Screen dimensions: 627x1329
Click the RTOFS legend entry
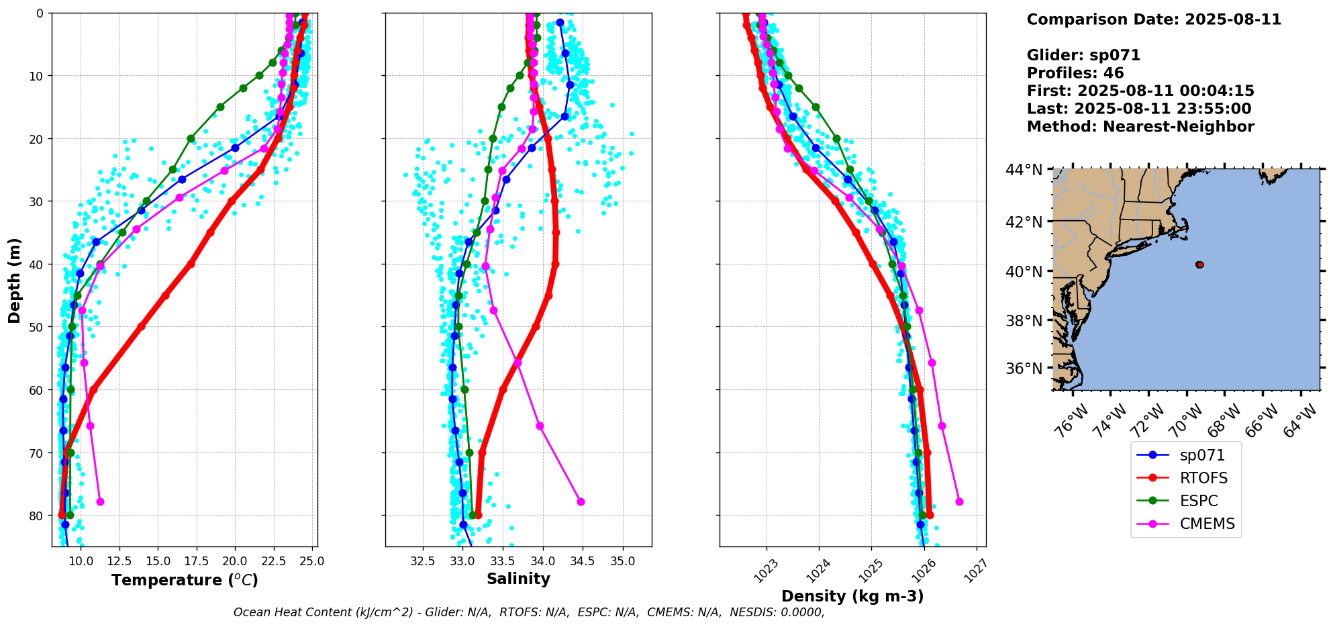[x=1203, y=478]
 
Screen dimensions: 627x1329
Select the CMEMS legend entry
[x=1207, y=524]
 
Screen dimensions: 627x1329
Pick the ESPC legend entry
[x=1199, y=501]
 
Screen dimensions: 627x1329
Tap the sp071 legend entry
[x=1202, y=455]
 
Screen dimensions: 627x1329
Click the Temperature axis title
[x=185, y=580]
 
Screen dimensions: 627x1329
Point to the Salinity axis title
[x=518, y=579]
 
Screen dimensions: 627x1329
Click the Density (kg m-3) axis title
[x=852, y=596]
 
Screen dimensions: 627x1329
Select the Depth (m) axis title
[x=15, y=280]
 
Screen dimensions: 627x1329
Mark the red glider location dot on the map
[x=1199, y=264]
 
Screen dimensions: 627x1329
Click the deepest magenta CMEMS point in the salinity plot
[x=581, y=501]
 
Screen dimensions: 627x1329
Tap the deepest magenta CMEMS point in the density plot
[x=959, y=501]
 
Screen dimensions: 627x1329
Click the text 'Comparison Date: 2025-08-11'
[x=1154, y=19]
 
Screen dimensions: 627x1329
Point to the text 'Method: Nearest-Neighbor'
[x=1140, y=126]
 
